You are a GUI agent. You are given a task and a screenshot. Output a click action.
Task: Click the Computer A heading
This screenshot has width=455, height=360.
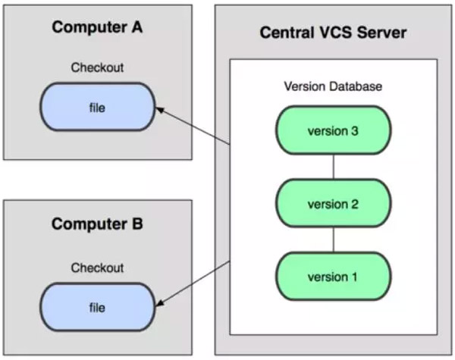pyautogui.click(x=97, y=28)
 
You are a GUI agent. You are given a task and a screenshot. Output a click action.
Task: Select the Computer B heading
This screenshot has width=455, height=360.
pyautogui.click(x=97, y=224)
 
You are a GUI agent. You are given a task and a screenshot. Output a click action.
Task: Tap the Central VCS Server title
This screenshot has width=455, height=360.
pyautogui.click(x=333, y=33)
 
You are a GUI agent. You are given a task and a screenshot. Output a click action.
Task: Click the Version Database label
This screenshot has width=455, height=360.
pyautogui.click(x=333, y=86)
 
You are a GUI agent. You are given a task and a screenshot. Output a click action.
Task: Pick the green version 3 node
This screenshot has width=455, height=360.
pyautogui.click(x=333, y=130)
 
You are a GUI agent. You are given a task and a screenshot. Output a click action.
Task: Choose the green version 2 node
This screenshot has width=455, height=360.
pyautogui.click(x=333, y=204)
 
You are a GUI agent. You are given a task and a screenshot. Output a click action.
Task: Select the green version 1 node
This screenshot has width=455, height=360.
pyautogui.click(x=333, y=277)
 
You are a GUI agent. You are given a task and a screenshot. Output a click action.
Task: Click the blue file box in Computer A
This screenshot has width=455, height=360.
pyautogui.click(x=97, y=108)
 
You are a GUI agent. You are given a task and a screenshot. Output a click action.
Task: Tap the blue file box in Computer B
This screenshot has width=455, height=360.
pyautogui.click(x=97, y=308)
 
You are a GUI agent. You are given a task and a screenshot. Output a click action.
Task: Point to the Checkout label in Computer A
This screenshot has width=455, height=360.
pyautogui.click(x=97, y=68)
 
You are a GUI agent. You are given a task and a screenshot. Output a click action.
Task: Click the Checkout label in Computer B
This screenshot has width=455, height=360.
pyautogui.click(x=97, y=268)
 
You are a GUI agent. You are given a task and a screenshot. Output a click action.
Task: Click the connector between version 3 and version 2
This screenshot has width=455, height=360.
pyautogui.click(x=333, y=167)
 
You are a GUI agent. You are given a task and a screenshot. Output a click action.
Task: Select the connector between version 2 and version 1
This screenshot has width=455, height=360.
pyautogui.click(x=333, y=240)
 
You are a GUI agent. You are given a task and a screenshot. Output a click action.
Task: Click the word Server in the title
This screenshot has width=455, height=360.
pyautogui.click(x=382, y=33)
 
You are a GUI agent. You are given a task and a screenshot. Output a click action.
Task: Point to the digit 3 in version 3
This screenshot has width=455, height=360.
pyautogui.click(x=355, y=130)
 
